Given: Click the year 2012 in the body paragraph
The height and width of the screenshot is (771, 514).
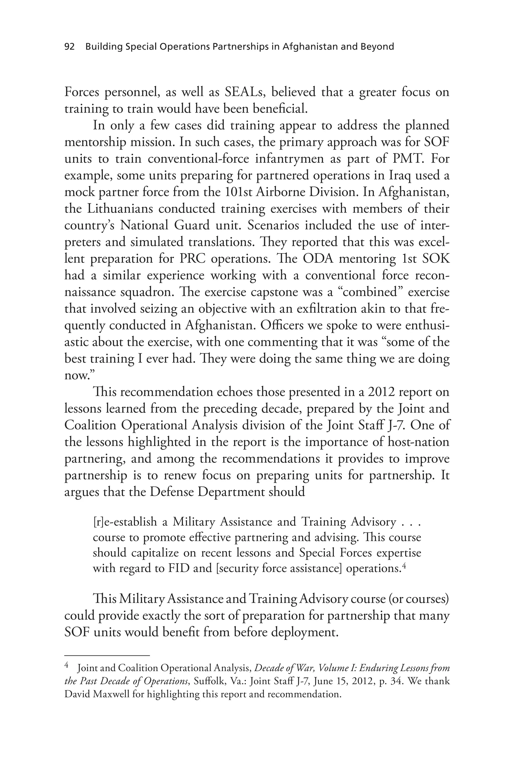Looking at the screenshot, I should [381, 392].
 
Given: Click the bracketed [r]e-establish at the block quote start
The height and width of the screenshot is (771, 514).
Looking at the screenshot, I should [125, 521].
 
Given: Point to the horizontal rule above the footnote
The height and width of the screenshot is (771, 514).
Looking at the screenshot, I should [107, 656].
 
